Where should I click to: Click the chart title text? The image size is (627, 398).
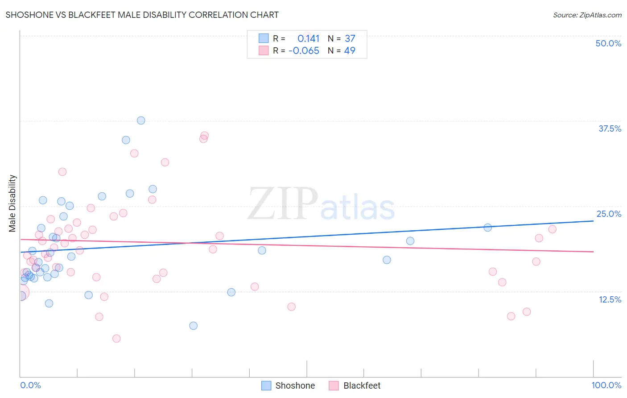coord(142,15)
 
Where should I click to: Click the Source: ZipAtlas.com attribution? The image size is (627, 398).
coord(587,15)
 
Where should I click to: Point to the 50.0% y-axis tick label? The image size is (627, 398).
coord(608,43)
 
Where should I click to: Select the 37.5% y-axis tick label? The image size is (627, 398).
coord(610,129)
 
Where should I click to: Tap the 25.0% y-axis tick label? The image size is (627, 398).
coord(609,214)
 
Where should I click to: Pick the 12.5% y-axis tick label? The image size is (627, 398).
coord(610,299)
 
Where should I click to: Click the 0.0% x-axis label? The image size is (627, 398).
coord(30,385)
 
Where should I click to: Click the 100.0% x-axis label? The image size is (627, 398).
coord(606,385)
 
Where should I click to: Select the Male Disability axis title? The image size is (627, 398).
coord(12,203)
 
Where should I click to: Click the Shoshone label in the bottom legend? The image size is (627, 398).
coord(295,386)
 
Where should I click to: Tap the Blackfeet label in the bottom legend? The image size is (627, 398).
coord(362,386)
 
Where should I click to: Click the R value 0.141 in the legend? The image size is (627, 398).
coord(308,38)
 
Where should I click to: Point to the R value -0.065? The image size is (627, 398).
coord(304,50)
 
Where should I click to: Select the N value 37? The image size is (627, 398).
coord(350,38)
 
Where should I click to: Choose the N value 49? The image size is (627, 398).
coord(350,50)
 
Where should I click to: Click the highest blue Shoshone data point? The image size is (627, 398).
coord(141,120)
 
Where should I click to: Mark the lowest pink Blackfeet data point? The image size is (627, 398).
coord(116,339)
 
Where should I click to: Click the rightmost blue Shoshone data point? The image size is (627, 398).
coord(487,228)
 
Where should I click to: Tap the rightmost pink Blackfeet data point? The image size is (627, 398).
coord(552,229)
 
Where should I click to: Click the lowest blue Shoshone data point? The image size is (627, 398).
coord(193,326)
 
